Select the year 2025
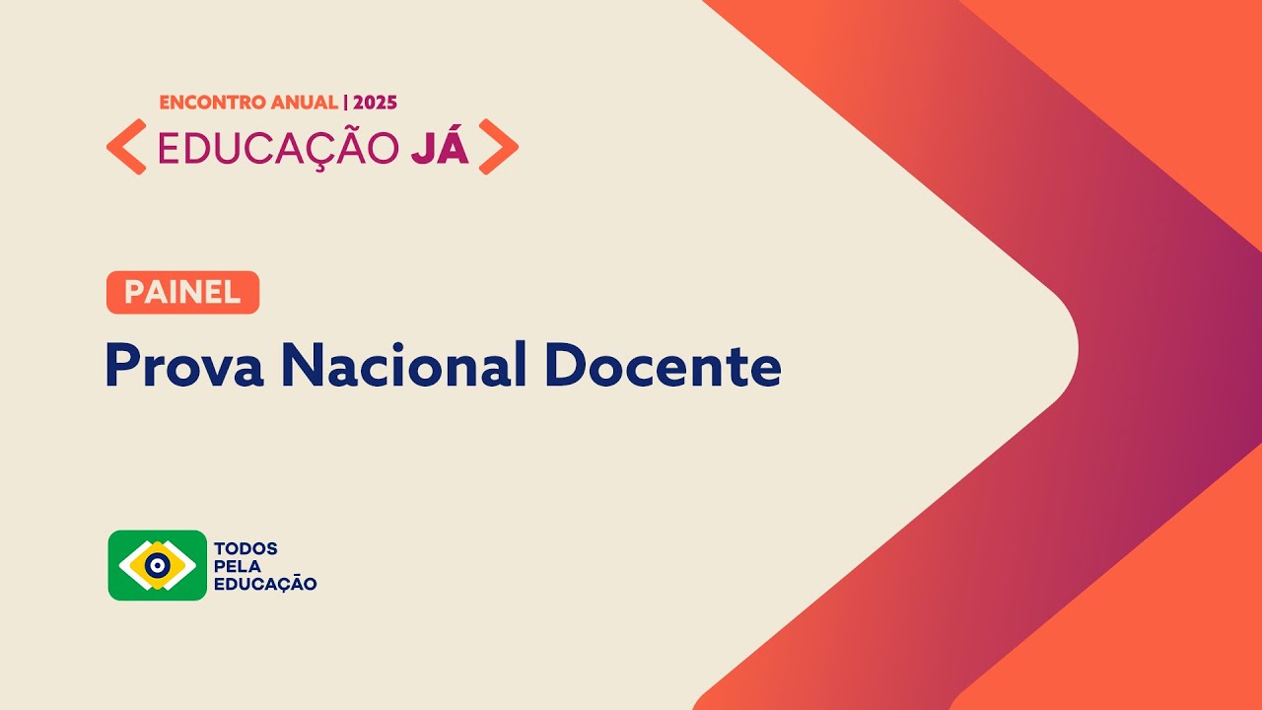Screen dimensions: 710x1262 375,103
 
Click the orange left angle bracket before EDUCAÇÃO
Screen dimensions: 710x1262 126,147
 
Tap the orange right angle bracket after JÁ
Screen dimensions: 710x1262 498,147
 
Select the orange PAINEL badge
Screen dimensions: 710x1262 182,292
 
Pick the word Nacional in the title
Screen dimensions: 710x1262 404,366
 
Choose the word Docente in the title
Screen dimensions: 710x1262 663,366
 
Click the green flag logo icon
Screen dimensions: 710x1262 158,565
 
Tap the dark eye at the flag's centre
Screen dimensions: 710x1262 158,565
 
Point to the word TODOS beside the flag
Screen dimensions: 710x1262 245,548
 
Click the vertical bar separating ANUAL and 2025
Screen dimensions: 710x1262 345,103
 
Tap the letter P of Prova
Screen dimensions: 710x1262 122,366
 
